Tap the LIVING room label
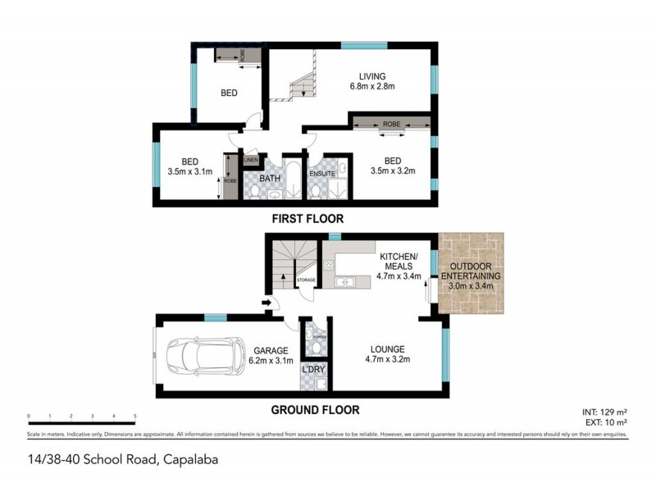tap(366, 76)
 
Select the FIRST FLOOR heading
tap(307, 219)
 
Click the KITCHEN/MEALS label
tap(400, 261)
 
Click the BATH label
tap(271, 177)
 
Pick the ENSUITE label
tap(321, 174)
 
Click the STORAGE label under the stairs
tap(306, 280)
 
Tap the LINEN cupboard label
tap(251, 159)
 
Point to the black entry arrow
tap(266, 303)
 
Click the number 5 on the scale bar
tap(134, 417)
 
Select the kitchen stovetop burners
tap(329, 265)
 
